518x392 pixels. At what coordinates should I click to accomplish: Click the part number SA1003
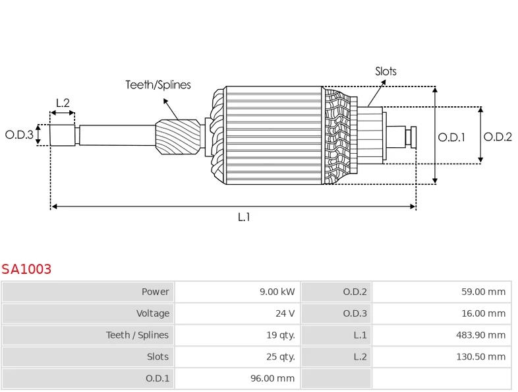pos(26,269)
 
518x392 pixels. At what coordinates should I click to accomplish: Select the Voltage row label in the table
pos(152,313)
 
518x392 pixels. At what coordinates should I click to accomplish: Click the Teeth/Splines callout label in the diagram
pos(158,84)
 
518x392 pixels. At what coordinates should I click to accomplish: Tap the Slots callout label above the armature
pos(386,71)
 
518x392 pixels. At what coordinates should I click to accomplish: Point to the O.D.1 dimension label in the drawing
pos(451,137)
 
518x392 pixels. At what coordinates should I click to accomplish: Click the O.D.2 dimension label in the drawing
pos(498,137)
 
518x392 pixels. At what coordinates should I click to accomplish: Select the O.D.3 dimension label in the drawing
pos(19,135)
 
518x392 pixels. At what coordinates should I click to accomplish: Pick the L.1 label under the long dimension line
pos(244,217)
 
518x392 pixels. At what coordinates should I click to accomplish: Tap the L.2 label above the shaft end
pos(63,103)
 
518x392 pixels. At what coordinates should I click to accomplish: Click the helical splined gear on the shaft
pos(177,137)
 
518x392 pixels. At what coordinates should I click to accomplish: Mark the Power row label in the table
pos(155,292)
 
